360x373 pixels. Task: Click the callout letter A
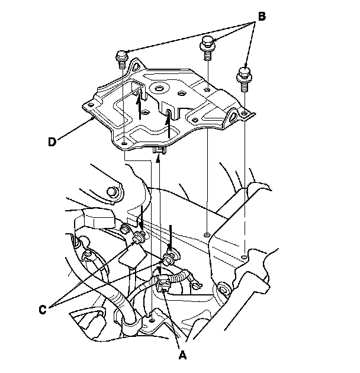coord(182,356)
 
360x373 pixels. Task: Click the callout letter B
coord(262,17)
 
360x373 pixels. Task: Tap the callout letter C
coord(43,310)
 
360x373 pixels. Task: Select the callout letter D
coord(52,142)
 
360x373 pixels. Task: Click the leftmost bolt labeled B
coord(122,59)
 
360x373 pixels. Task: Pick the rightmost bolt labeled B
coord(244,79)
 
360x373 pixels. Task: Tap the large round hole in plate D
coord(159,88)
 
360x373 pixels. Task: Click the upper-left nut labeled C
coord(138,237)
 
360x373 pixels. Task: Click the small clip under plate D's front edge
coord(159,150)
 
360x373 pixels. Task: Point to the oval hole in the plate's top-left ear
coord(137,67)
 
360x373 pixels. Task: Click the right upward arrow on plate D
coord(169,124)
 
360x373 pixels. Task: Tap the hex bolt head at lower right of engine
coord(223,290)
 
